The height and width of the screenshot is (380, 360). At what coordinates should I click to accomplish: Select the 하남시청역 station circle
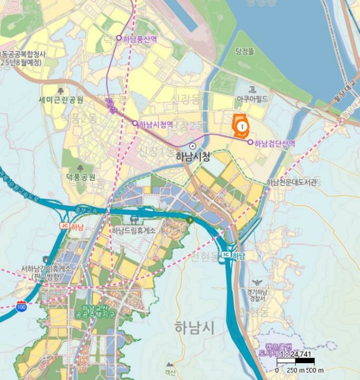pos(135,123)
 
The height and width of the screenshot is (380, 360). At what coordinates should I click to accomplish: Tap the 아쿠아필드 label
pos(252,99)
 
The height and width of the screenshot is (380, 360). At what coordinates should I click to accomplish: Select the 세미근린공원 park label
pos(61,100)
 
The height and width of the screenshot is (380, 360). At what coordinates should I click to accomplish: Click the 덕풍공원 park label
pos(80,177)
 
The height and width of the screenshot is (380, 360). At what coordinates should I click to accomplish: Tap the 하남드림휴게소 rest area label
pos(134,230)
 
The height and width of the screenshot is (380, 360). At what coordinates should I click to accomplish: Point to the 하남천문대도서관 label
pos(292,182)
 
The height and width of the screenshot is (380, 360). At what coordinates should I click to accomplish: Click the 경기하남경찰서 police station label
pos(257,295)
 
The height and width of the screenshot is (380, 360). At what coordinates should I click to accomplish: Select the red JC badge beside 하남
pos(64,226)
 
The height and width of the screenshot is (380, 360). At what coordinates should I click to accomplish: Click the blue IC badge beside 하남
pos(225,255)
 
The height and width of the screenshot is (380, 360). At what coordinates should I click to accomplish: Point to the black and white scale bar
pos(296,361)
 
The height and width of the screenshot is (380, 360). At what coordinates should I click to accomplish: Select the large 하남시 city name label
pos(194,327)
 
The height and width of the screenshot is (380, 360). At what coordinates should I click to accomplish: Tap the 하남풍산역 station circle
pos(119,38)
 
